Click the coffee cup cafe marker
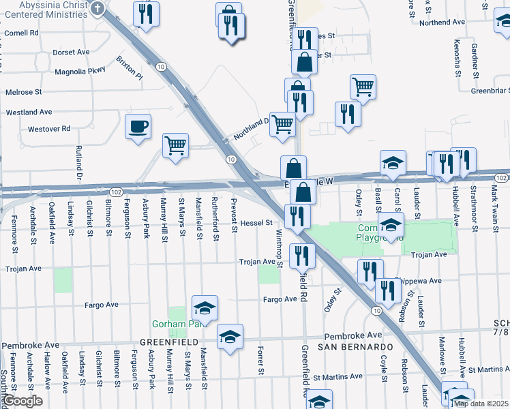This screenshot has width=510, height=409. tap(138, 127)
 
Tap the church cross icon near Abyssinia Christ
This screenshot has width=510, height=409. tap(97, 9)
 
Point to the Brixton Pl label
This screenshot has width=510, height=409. tap(130, 68)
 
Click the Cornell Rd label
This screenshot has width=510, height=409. tap(21, 32)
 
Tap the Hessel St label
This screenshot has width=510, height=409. tap(256, 223)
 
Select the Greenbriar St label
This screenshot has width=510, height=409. tap(490, 90)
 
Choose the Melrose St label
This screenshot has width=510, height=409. tap(24, 91)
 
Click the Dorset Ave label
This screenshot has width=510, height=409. tap(71, 52)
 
